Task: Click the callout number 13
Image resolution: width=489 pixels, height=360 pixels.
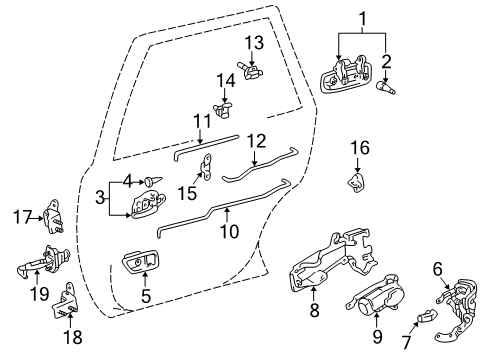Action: coord(254,42)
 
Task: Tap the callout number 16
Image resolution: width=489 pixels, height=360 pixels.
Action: coord(359,148)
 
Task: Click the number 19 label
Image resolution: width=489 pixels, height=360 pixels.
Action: coord(38,295)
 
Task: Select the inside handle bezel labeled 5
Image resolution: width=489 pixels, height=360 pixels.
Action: coord(139,263)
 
